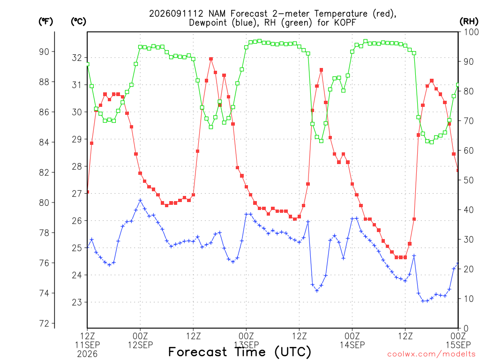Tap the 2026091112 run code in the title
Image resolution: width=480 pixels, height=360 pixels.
pos(176,14)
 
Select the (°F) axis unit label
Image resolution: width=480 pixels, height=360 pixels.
pos(45,22)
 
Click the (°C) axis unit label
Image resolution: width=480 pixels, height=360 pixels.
pos(78,22)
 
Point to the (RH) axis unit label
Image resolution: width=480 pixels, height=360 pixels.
pos(469,22)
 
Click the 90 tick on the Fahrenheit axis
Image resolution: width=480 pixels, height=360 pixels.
pos(44,52)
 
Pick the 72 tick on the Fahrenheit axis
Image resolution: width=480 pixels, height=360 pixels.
pos(44,323)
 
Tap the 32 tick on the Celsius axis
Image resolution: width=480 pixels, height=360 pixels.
pos(77,58)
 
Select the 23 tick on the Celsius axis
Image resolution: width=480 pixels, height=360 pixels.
pos(77,302)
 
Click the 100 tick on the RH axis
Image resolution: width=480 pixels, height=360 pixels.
pos(472,32)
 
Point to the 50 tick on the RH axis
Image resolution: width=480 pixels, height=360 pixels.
pos(469,180)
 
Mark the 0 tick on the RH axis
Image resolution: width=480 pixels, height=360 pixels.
pos(466,328)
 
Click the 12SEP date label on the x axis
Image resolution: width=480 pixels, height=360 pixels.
pos(140,345)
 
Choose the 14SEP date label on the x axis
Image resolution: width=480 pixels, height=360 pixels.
pos(352,345)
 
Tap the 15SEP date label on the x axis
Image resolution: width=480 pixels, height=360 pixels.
pos(458,345)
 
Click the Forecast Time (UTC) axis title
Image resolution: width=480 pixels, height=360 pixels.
pos(240,352)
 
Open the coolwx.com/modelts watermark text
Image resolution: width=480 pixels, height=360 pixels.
pos(433,354)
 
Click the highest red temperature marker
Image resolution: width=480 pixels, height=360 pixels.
pos(211,59)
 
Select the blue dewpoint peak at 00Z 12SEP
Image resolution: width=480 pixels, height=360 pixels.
pos(140,200)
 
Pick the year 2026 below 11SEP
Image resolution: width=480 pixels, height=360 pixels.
pos(87,354)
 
